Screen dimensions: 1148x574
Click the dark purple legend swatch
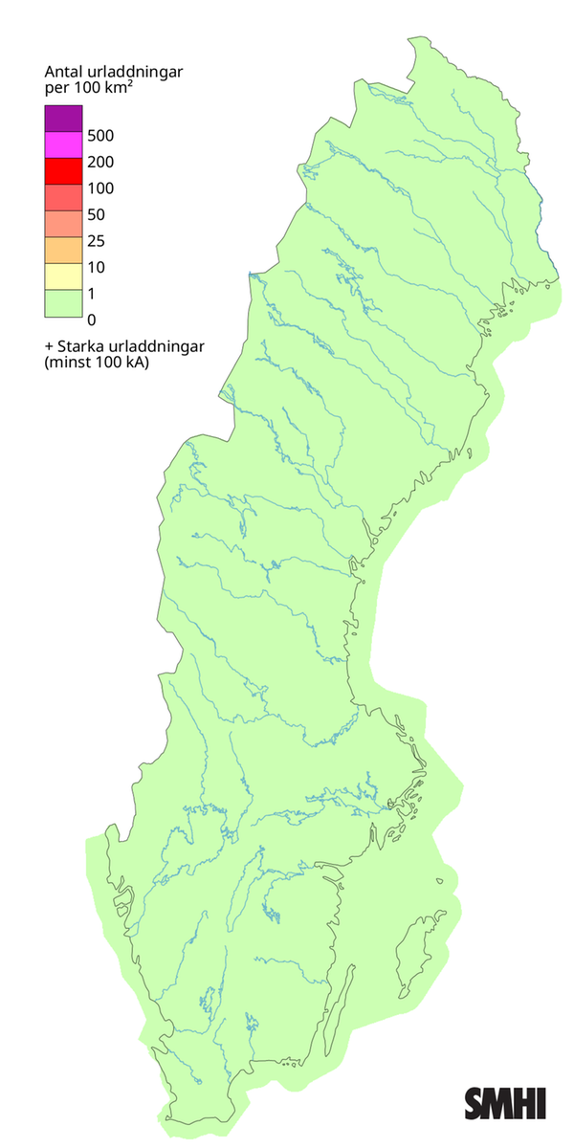coord(62,119)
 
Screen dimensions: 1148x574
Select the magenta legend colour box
coord(62,144)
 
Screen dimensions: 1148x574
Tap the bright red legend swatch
coord(62,171)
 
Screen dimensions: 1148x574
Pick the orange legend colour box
coord(62,250)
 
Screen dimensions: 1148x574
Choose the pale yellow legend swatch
coord(62,276)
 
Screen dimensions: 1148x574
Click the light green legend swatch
coord(62,302)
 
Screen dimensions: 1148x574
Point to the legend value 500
coord(99,135)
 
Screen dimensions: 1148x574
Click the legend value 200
coord(99,162)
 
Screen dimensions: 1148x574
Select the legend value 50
coord(96,214)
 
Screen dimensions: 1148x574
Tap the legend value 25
coord(96,240)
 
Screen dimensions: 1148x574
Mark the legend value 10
coord(96,267)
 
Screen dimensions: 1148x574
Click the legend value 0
coord(91,319)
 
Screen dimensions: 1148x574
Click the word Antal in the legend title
coord(64,72)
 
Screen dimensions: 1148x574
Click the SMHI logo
coord(505,1103)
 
